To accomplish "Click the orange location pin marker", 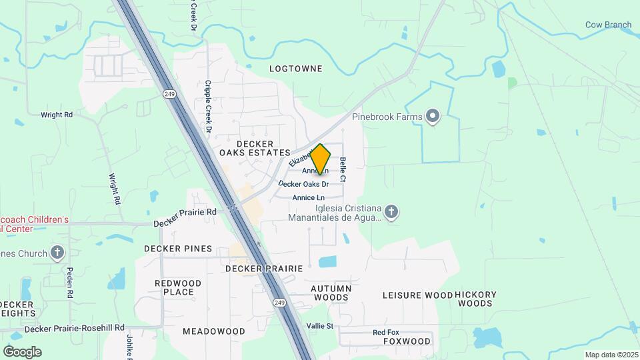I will click(x=321, y=159).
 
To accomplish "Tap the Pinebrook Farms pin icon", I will click(x=433, y=117).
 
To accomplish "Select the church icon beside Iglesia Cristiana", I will click(x=391, y=212).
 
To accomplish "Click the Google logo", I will click(x=22, y=351).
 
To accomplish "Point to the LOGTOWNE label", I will click(x=295, y=69).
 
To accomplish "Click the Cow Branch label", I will click(x=608, y=25).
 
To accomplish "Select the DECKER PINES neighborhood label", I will click(x=178, y=249).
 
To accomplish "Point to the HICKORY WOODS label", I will click(x=475, y=299).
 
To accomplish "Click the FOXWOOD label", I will click(x=407, y=341).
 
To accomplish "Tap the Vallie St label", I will click(x=319, y=326).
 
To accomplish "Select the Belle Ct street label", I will click(x=343, y=169).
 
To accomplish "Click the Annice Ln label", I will click(x=309, y=197).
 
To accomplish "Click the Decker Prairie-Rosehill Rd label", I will click(x=75, y=329).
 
